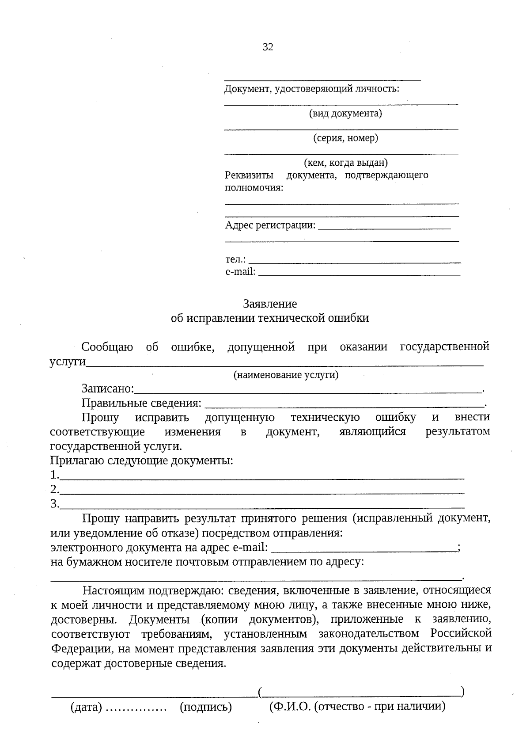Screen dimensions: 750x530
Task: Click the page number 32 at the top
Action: pos(268,47)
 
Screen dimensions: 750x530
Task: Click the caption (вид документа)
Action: pos(345,114)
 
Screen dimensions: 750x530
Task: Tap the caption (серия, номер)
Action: pos(345,138)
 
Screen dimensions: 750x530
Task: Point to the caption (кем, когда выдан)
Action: pos(345,163)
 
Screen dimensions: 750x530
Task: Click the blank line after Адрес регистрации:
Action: pos(384,228)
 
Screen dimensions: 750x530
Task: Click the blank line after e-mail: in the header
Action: pos(359,274)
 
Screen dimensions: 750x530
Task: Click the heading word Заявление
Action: pos(270,304)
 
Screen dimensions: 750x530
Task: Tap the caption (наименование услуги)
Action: pos(286,375)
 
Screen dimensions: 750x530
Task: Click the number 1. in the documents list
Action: pos(54,475)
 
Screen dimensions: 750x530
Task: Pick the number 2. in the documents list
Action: pos(54,490)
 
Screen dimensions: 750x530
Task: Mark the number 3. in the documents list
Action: pos(54,504)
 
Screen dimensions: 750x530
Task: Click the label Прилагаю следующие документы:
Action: pos(141,461)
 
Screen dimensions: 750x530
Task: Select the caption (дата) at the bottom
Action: pos(86,708)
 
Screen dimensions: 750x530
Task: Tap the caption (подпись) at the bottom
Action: pos(206,708)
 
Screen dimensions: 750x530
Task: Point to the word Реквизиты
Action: pos(249,175)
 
